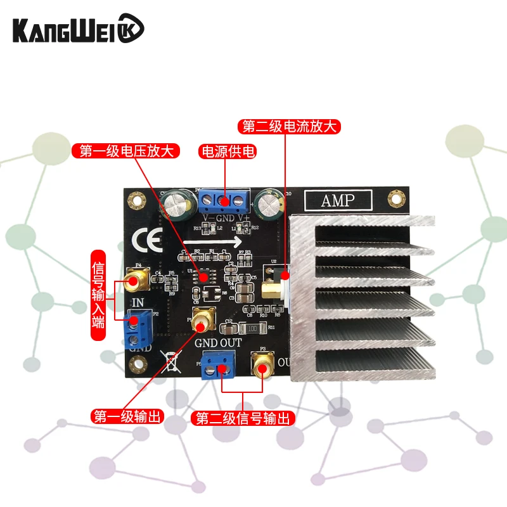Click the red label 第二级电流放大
point(290,126)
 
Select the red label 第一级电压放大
point(127,151)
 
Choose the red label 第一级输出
point(127,417)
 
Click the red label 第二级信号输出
point(243,418)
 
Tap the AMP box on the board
point(338,200)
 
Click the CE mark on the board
point(147,242)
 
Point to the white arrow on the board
point(216,241)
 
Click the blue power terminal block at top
point(221,202)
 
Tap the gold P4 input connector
point(136,278)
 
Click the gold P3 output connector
point(262,366)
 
